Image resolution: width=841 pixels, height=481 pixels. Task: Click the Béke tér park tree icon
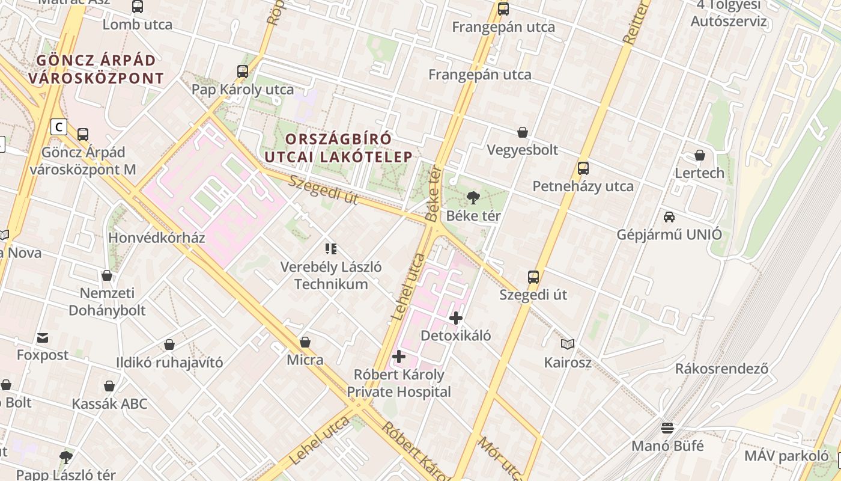click(473, 197)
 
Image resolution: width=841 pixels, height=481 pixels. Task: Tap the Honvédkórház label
click(157, 237)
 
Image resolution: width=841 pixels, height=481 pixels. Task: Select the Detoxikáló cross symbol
click(456, 317)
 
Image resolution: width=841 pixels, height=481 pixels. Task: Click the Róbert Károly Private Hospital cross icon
click(398, 357)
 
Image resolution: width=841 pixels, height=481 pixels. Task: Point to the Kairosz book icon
click(568, 345)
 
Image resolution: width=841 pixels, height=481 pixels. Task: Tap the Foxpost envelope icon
click(43, 337)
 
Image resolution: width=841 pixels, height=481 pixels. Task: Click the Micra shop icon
click(305, 342)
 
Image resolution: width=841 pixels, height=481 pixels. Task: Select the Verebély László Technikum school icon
click(330, 248)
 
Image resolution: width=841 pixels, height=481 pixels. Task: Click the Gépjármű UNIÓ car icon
click(669, 216)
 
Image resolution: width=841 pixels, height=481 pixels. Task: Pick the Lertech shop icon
click(700, 155)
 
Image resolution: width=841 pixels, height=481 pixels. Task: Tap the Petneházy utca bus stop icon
click(583, 168)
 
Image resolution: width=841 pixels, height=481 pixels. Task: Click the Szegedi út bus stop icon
click(533, 277)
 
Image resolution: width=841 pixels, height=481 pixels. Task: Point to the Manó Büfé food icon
click(667, 428)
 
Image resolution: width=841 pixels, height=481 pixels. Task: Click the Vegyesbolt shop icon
click(523, 132)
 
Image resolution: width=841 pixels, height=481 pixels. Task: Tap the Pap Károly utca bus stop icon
click(243, 72)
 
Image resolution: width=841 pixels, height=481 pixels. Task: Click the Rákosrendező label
click(721, 369)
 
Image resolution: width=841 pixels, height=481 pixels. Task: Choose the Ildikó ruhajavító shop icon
click(169, 345)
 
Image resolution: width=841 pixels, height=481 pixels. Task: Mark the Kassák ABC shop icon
click(109, 385)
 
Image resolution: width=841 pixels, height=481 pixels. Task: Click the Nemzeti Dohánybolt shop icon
click(107, 275)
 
